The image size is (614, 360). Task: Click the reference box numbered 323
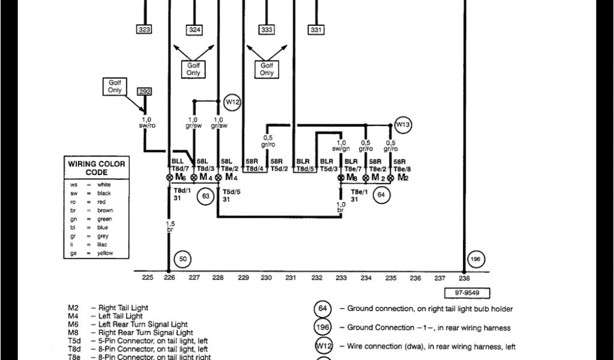pos(145,29)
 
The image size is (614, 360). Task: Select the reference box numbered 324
pos(195,29)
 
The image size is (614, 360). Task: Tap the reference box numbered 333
pos(267,29)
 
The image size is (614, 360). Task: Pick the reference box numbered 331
pos(316,29)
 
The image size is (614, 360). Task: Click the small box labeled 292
pos(145,91)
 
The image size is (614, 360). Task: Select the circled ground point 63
pos(206,195)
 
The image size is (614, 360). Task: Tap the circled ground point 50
pos(182,259)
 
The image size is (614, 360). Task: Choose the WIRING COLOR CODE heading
pos(96,167)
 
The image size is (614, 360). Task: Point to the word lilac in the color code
pos(104,245)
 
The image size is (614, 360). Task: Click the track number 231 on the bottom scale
pos(291,278)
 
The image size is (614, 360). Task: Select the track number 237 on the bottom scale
pos(440,278)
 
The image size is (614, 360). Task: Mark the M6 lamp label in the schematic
pos(179,178)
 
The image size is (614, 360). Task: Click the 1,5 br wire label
pos(170,226)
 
